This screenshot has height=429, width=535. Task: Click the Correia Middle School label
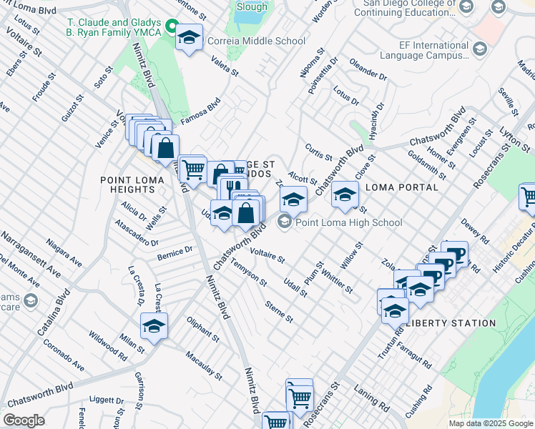coord(256,41)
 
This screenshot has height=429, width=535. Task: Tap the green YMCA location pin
coord(171,27)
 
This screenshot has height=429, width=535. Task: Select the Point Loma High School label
coord(348,222)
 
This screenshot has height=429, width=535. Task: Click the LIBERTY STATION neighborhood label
coord(451,323)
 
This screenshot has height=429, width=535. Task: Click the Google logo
coord(24,420)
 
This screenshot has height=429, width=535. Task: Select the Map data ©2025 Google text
coord(490,423)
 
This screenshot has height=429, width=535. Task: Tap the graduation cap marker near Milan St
coord(154,326)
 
